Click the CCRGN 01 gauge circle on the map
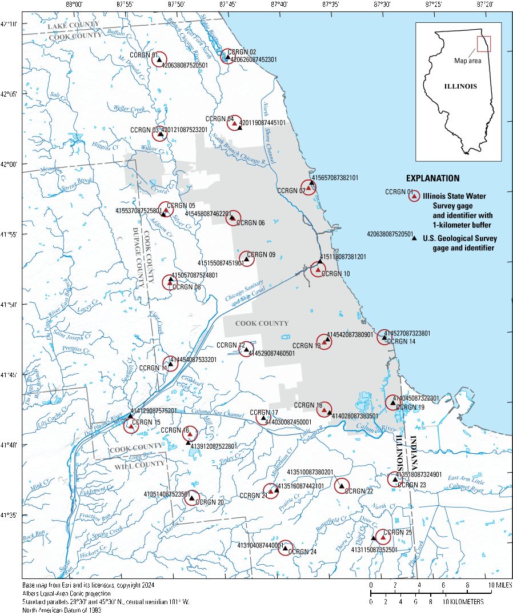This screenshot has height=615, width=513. point(159,59)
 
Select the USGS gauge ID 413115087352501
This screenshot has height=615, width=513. point(374,550)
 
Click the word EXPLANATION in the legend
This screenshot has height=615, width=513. point(432,178)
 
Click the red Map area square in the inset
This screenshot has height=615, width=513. point(484,44)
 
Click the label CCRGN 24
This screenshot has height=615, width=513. point(302,552)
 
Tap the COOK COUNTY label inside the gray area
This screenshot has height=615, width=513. point(262,324)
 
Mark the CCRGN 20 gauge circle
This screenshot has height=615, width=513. point(191,498)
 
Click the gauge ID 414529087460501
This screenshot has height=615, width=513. point(271,354)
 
